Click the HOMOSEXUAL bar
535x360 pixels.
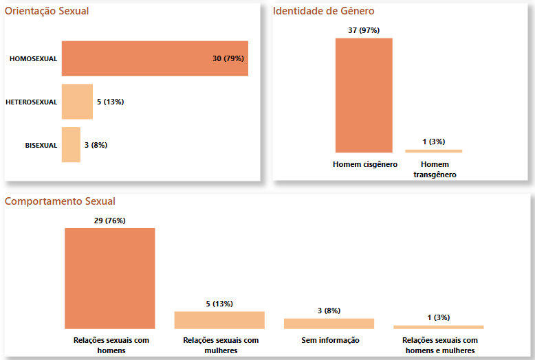coord(138,58)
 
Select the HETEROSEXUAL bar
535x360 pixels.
coord(77,102)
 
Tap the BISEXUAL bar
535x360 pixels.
coord(71,145)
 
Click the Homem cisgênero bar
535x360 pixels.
coord(364,95)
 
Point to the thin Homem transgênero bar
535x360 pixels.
coord(433,151)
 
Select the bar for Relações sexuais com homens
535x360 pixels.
coord(110,278)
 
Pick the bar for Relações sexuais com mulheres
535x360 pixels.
coord(219,320)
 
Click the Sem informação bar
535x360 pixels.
coord(329,324)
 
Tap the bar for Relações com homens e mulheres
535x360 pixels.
coord(438,327)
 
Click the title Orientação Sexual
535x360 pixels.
coord(47,11)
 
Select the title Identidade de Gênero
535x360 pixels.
coord(324,11)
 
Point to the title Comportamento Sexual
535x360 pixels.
coord(60,201)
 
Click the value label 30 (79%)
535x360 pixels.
coord(228,58)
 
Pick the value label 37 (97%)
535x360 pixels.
coord(364,30)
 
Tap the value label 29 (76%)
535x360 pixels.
coord(110,221)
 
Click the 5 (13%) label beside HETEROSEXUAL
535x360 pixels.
coord(110,102)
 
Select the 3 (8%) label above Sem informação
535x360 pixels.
coord(329,311)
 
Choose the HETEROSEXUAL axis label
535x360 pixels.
coord(32,102)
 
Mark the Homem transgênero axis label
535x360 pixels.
coord(435,170)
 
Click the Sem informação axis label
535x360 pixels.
coord(330,340)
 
